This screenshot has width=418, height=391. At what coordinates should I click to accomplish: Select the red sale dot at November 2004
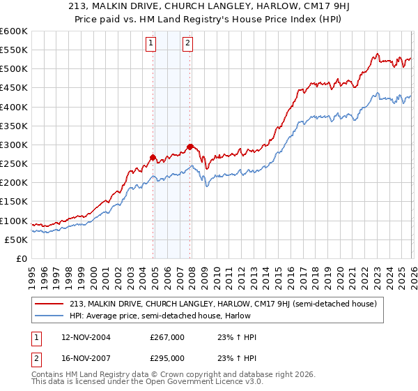(153, 157)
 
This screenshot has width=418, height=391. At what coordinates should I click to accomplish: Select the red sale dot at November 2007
(189, 147)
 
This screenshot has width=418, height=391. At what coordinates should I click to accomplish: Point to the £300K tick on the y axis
(13, 145)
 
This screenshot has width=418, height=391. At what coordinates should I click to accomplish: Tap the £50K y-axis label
(15, 239)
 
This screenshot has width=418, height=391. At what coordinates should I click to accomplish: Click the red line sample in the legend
(49, 304)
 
